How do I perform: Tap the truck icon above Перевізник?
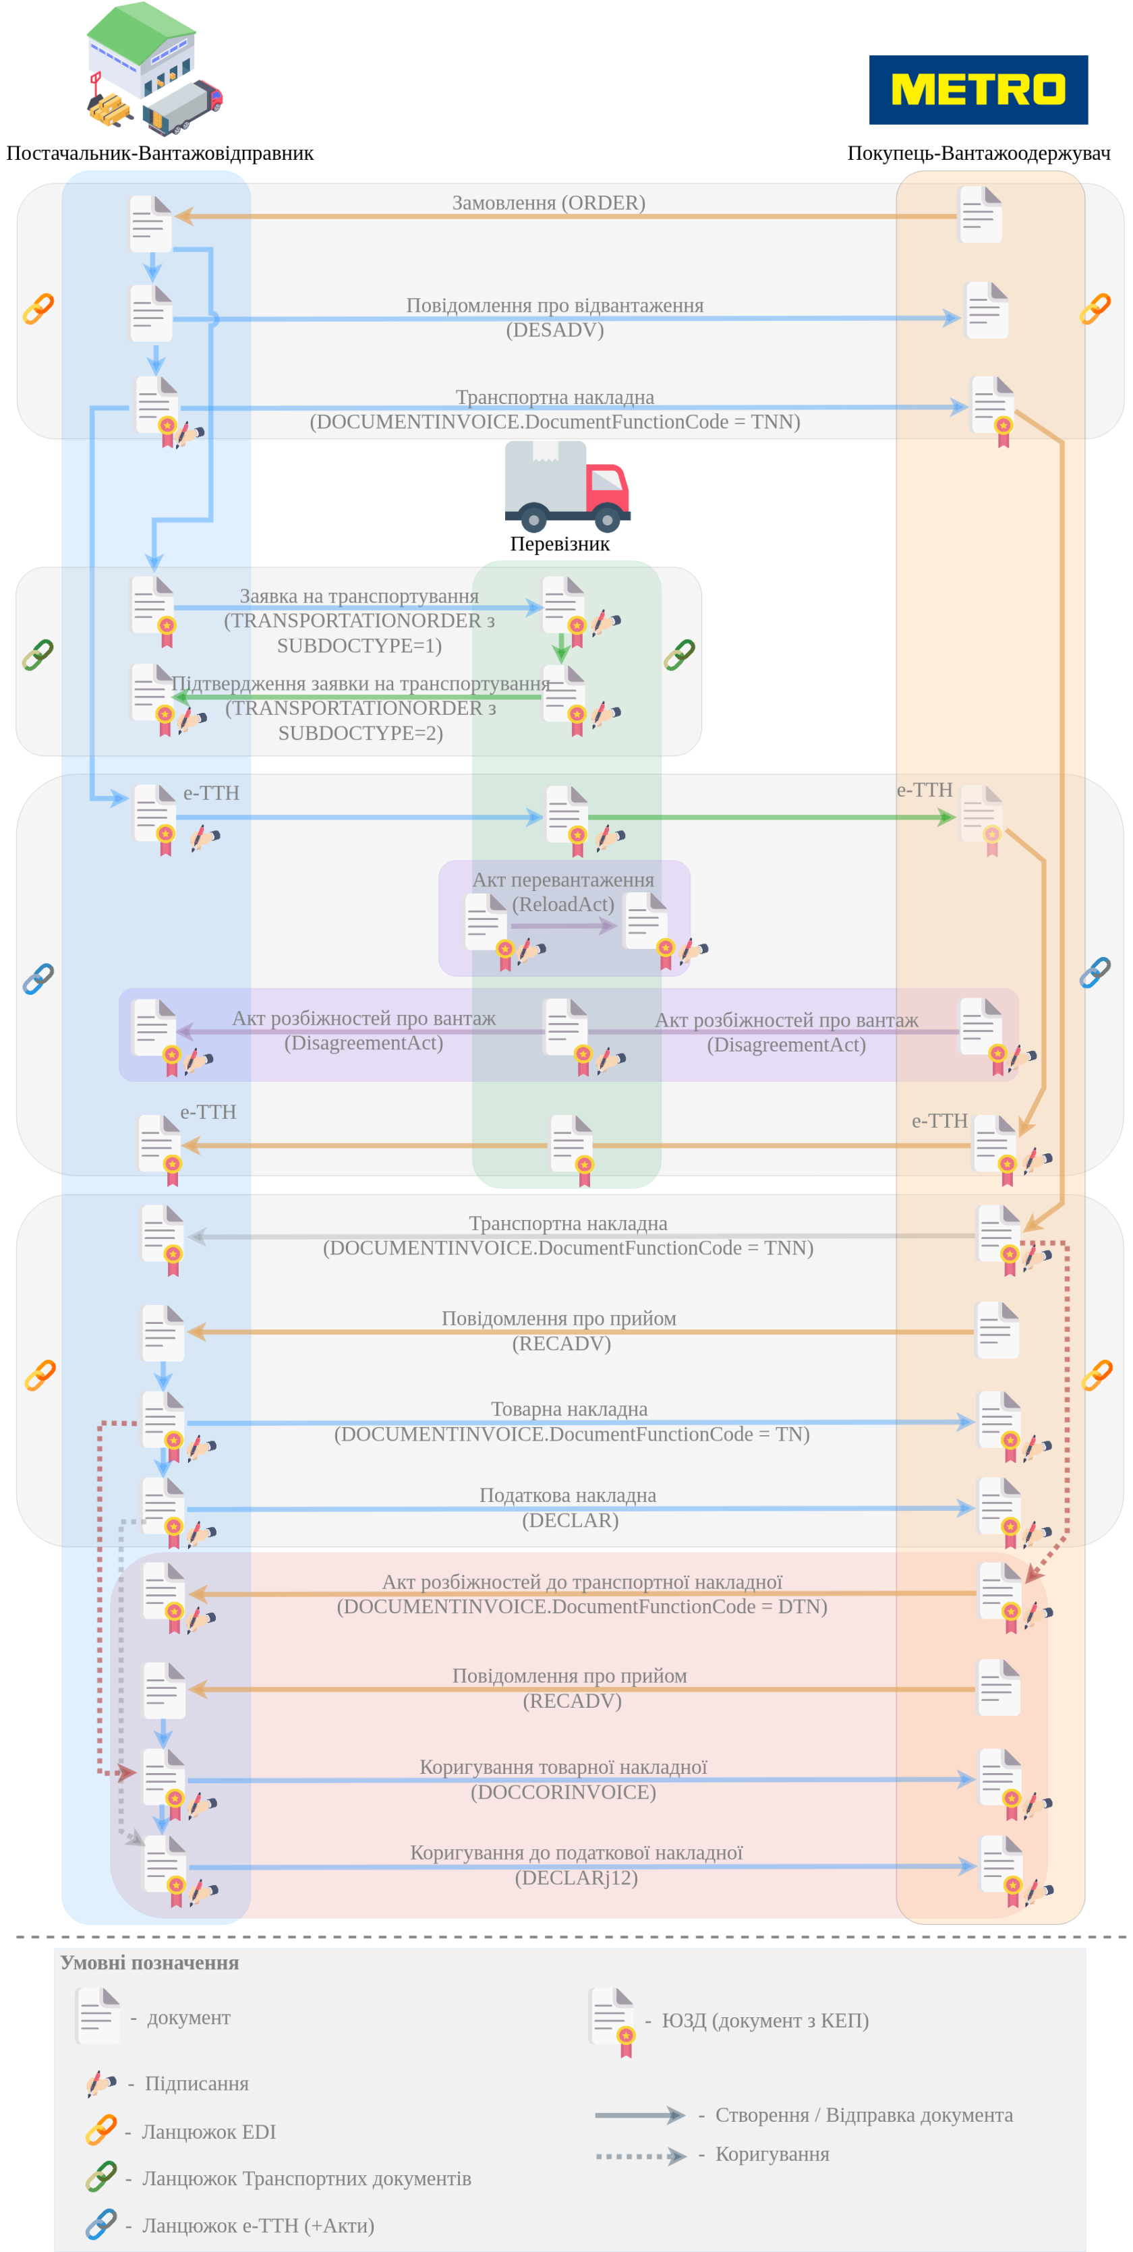tap(567, 486)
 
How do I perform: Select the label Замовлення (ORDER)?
tap(549, 203)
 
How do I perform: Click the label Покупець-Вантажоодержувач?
tap(979, 153)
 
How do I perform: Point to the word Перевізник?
tap(560, 544)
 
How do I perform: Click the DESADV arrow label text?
tap(555, 318)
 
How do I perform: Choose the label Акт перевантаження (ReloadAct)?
tap(563, 892)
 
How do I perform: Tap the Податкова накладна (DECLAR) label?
tap(569, 1507)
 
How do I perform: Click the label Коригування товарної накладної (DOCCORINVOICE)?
tap(563, 1779)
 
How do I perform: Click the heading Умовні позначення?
tap(150, 1963)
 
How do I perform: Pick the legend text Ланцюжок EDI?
tap(209, 2131)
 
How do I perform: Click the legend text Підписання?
tap(197, 2083)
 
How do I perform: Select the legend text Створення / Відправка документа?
tap(864, 2114)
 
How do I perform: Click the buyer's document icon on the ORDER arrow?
tap(980, 215)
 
